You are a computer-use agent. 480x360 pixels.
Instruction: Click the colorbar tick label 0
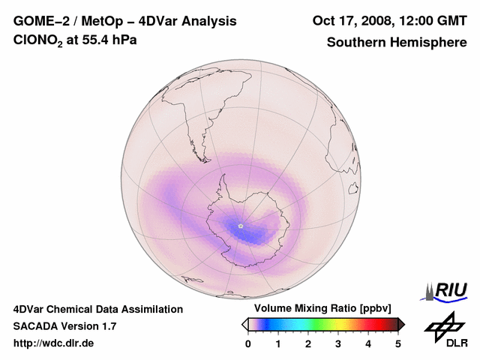click(248, 343)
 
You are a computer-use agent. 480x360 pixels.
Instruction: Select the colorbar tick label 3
click(338, 343)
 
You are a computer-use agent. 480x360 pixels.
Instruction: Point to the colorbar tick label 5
click(398, 343)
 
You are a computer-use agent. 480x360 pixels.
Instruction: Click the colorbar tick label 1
click(278, 343)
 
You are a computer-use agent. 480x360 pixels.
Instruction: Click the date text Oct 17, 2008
click(351, 21)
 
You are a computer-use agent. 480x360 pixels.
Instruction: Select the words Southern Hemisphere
click(397, 42)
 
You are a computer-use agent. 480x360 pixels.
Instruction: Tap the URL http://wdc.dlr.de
click(54, 343)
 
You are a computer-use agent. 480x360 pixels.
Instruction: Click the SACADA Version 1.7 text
click(64, 326)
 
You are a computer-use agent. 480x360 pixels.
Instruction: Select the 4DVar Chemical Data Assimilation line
click(97, 309)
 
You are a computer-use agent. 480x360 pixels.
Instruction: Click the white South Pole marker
click(241, 225)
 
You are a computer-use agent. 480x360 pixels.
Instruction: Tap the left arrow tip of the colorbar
click(244, 324)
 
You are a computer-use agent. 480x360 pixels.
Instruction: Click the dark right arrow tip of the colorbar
click(401, 324)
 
